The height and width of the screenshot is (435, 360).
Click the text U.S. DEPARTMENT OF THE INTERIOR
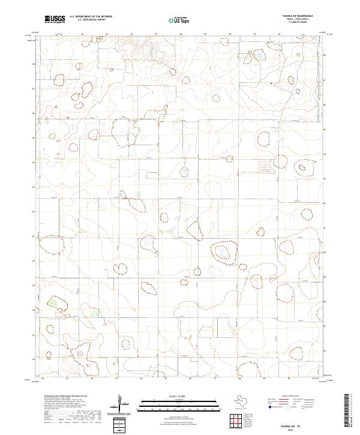pos(91,16)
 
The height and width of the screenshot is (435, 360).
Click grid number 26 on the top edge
pos(181,34)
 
